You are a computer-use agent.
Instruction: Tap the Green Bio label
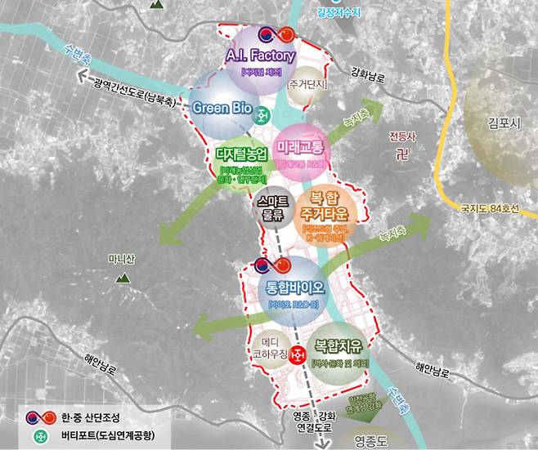(223, 107)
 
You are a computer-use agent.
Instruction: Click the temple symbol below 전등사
(401, 154)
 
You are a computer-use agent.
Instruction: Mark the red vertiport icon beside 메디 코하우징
(298, 353)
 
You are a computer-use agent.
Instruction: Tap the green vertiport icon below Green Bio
(262, 114)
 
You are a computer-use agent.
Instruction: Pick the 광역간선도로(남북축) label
(134, 82)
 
